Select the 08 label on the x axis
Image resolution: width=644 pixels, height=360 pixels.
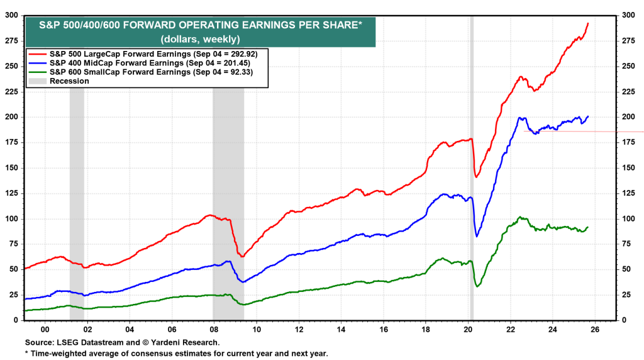click(x=214, y=329)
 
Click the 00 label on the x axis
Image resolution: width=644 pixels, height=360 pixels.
click(x=45, y=329)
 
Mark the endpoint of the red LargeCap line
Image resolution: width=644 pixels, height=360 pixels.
click(x=588, y=23)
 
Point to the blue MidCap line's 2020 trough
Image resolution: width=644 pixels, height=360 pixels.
click(x=477, y=236)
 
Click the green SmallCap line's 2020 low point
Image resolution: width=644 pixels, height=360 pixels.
click(x=478, y=286)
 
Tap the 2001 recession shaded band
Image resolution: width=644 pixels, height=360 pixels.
click(x=77, y=189)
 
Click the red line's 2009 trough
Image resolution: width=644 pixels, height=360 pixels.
click(x=241, y=256)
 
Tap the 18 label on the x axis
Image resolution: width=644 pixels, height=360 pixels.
click(x=426, y=329)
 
